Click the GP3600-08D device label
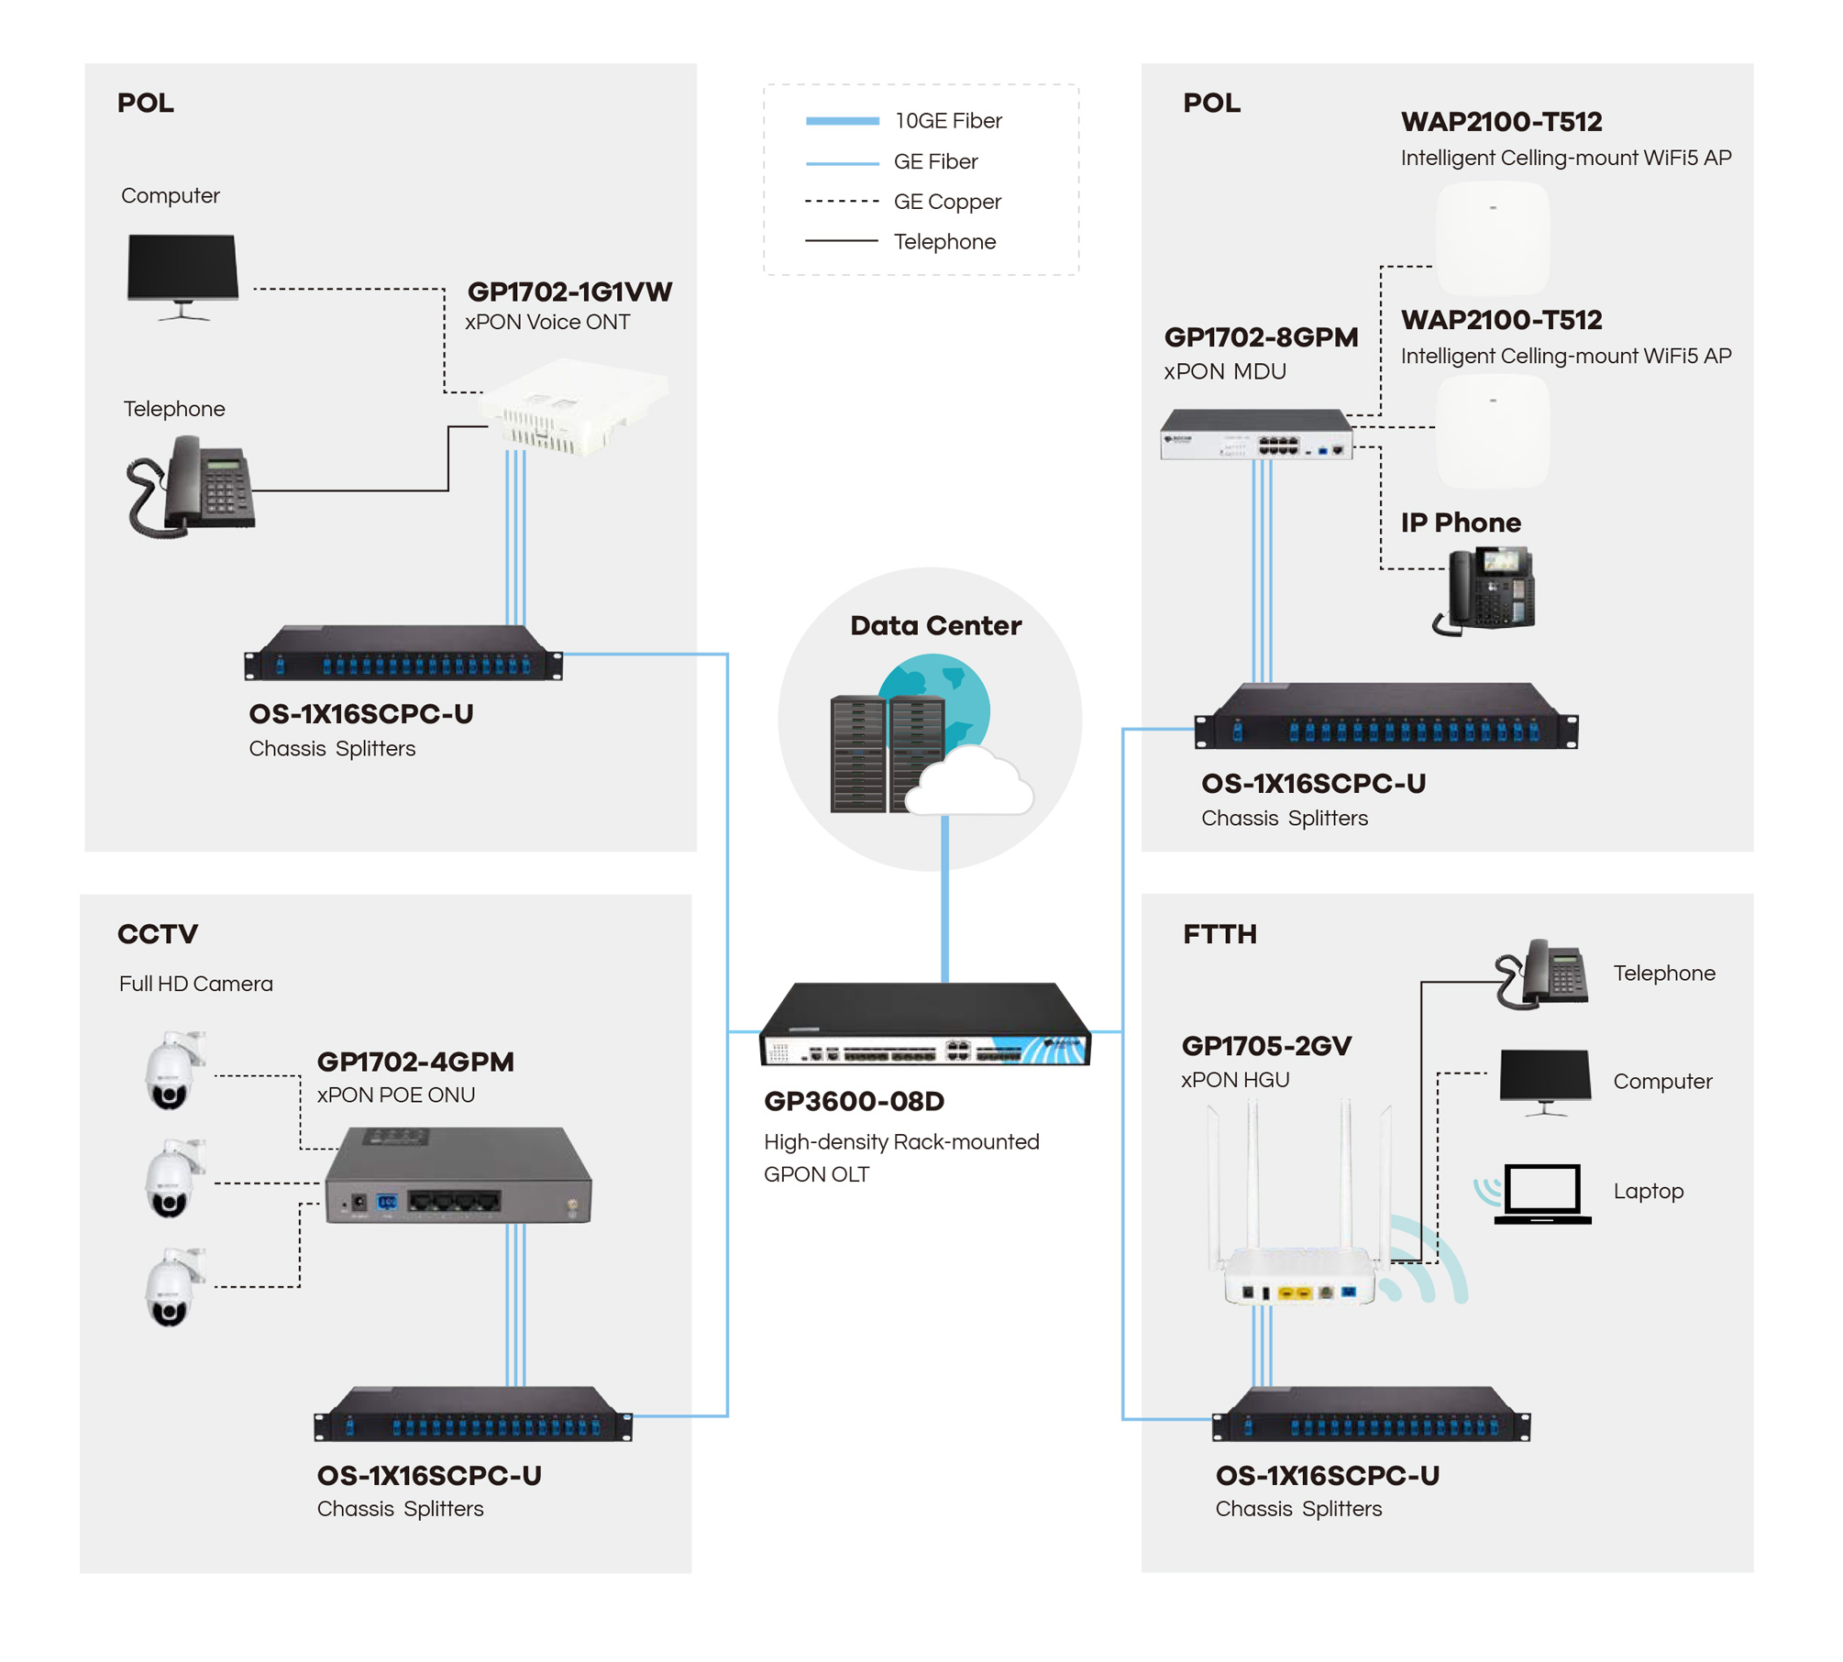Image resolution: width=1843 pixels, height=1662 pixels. [x=854, y=1101]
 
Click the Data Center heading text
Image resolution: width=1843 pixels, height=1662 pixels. [x=935, y=625]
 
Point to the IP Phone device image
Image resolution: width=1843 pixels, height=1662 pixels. [x=1484, y=590]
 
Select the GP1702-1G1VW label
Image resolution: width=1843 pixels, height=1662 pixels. [x=569, y=292]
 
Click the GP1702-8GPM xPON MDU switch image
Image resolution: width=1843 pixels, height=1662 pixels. [x=1255, y=434]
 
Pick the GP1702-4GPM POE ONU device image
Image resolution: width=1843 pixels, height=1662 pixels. [x=458, y=1175]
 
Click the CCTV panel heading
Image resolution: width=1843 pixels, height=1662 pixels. [x=158, y=934]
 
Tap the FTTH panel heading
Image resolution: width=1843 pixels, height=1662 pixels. [x=1219, y=934]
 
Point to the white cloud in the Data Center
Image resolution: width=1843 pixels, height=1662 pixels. [x=969, y=781]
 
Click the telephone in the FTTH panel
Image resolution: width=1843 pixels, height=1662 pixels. [x=1541, y=974]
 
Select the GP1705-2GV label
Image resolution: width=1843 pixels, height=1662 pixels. [x=1266, y=1046]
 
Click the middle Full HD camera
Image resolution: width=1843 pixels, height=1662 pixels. [x=174, y=1179]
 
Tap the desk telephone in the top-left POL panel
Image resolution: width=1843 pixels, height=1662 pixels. [x=190, y=486]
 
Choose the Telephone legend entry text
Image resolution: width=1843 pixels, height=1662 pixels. [x=944, y=242]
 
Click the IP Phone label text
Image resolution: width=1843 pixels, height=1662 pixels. [x=1461, y=523]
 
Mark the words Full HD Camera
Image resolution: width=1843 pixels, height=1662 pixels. [x=196, y=984]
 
